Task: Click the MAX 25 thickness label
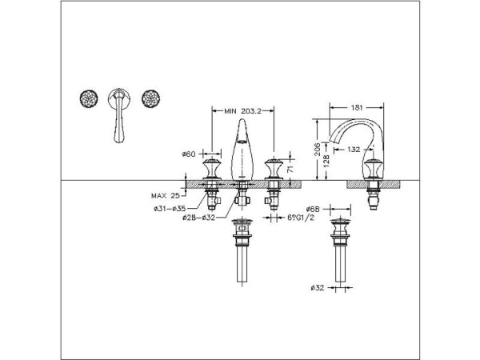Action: [x=165, y=194]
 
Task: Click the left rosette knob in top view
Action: [x=89, y=99]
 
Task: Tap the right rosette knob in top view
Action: [x=148, y=99]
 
